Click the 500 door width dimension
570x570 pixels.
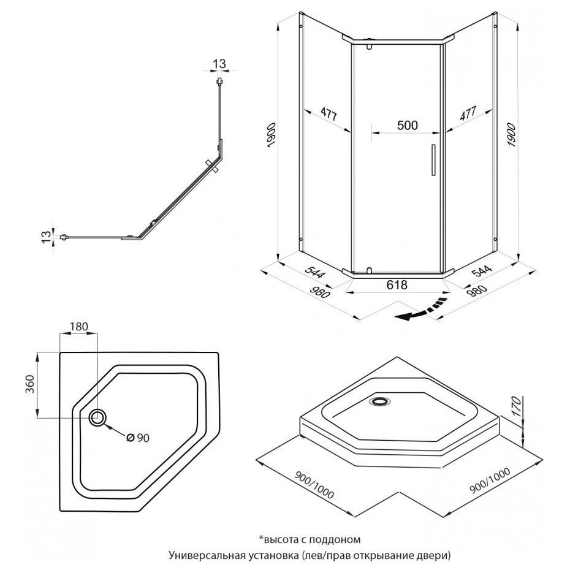407,126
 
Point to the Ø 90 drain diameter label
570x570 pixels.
138,438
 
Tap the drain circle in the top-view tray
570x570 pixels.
97,417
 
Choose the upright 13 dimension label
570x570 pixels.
219,63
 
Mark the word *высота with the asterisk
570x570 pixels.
276,539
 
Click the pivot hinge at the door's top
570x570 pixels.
370,44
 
